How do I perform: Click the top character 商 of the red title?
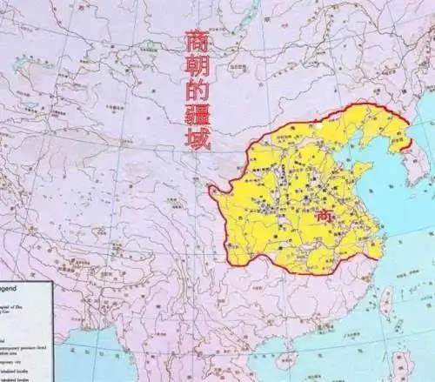point(197,44)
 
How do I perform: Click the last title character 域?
point(198,139)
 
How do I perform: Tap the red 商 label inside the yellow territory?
point(324,214)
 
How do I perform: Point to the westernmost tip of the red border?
point(212,197)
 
